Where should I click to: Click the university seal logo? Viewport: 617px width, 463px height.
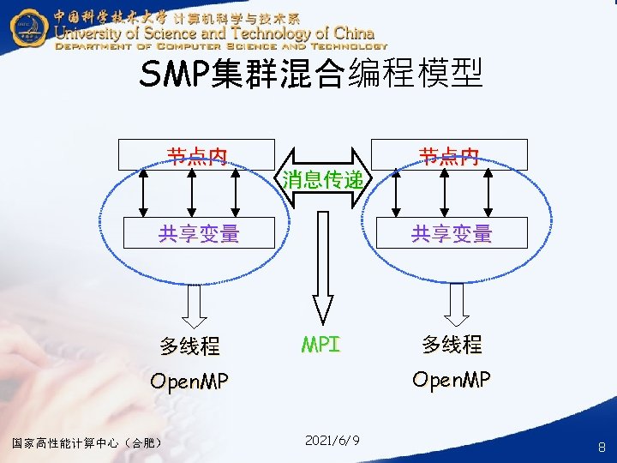coord(27,27)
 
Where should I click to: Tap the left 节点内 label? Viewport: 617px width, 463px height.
coord(197,155)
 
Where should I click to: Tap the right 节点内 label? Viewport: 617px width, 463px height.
coord(450,155)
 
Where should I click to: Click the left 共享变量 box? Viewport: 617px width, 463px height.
coord(199,232)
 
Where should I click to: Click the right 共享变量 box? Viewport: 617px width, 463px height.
coord(452,232)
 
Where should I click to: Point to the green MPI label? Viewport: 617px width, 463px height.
coord(321,345)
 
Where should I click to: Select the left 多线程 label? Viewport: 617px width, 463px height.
coord(190,346)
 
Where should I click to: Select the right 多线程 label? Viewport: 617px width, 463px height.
coord(452,345)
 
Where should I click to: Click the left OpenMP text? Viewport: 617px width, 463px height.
coord(189,382)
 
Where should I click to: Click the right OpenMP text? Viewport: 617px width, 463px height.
coord(452,379)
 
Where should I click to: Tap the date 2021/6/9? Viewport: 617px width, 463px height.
coord(332,440)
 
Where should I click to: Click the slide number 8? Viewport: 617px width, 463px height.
coord(602,447)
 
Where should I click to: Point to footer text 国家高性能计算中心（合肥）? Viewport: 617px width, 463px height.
coord(87,442)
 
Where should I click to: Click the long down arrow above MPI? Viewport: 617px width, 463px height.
coord(322,266)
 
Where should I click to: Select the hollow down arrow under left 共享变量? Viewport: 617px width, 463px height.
coord(195,302)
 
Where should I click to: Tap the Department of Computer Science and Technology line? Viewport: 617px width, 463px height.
coord(221,46)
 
